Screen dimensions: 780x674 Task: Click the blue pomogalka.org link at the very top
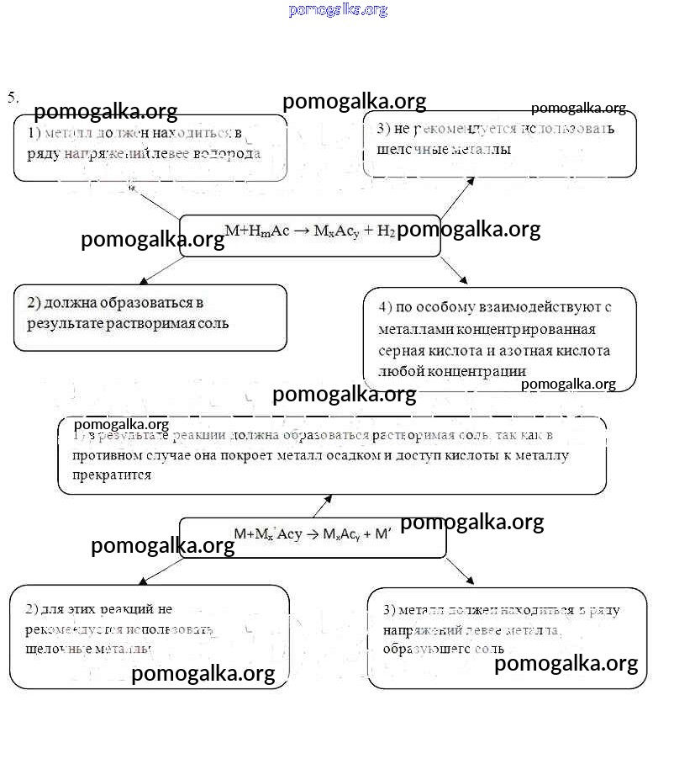point(338,10)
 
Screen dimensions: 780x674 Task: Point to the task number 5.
point(13,97)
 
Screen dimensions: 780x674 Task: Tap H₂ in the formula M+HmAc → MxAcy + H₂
point(387,231)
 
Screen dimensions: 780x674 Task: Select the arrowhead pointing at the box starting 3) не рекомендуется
point(471,180)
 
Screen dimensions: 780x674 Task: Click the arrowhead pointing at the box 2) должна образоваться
point(144,280)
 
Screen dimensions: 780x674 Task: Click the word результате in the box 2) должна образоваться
point(66,323)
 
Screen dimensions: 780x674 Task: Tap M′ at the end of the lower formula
point(383,533)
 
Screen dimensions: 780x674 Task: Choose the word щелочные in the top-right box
point(407,150)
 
